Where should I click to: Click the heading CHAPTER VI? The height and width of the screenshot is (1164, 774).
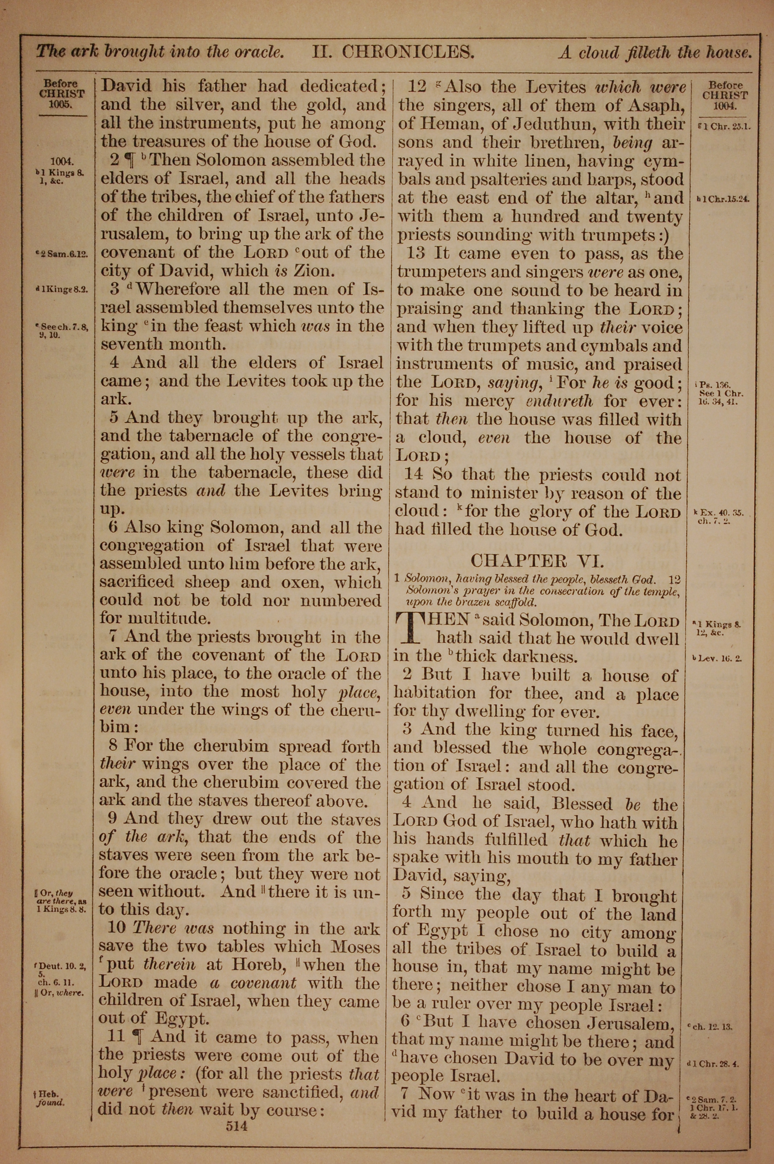(x=537, y=561)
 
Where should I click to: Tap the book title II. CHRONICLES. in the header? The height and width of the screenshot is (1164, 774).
(x=393, y=52)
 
